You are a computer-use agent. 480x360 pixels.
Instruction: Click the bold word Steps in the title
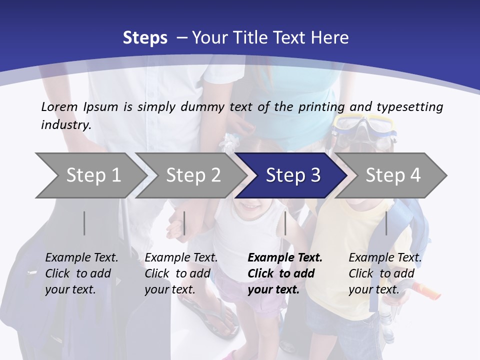point(145,38)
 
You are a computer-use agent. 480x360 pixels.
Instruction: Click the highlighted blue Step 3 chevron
point(293,175)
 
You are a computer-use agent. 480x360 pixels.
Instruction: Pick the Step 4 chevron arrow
point(393,175)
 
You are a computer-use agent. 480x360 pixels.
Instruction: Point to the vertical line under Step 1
point(84,223)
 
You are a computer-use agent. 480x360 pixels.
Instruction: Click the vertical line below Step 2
point(184,223)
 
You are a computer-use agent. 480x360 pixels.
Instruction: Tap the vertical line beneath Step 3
point(285,223)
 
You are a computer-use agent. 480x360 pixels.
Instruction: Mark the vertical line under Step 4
point(386,223)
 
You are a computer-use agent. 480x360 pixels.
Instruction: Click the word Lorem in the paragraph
point(59,107)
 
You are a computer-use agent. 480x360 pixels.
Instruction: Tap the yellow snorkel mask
point(365,126)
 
